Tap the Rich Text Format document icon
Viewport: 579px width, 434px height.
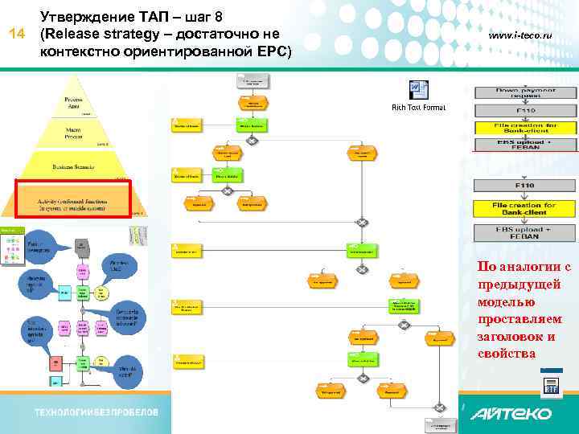click(418, 90)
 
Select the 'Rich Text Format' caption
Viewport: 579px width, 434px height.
click(418, 107)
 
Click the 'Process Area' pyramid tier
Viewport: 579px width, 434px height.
click(73, 101)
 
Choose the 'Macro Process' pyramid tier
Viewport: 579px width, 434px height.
click(73, 130)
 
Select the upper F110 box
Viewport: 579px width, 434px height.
click(525, 109)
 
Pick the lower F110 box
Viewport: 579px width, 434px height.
click(525, 186)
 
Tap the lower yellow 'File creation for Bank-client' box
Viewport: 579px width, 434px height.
click(525, 208)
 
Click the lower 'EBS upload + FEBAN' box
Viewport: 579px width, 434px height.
click(525, 233)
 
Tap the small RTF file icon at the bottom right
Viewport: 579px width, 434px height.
click(551, 386)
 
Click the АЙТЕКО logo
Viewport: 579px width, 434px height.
click(511, 414)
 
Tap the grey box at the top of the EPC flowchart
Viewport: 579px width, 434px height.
click(253, 80)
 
